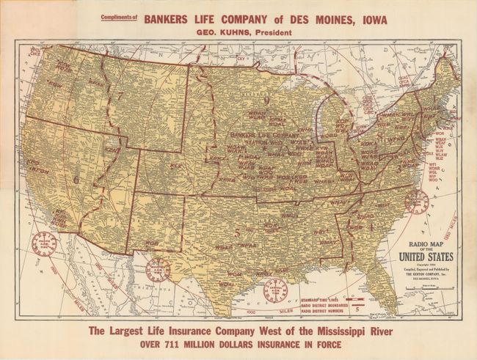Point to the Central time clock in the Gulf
pos(275,287)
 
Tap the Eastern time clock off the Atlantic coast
pos(416,200)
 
